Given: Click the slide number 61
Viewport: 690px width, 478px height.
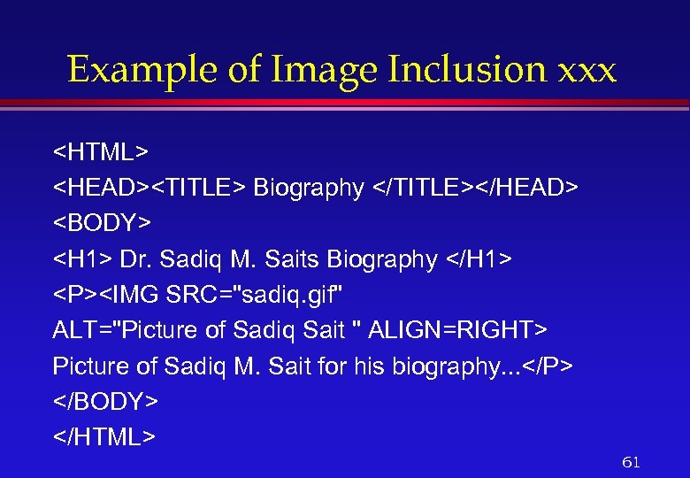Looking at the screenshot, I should [632, 462].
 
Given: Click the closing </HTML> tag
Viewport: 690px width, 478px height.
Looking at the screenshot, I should [104, 437].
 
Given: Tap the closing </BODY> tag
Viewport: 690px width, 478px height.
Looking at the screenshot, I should [105, 401].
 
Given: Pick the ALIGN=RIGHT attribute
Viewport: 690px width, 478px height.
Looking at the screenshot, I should [457, 330].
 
